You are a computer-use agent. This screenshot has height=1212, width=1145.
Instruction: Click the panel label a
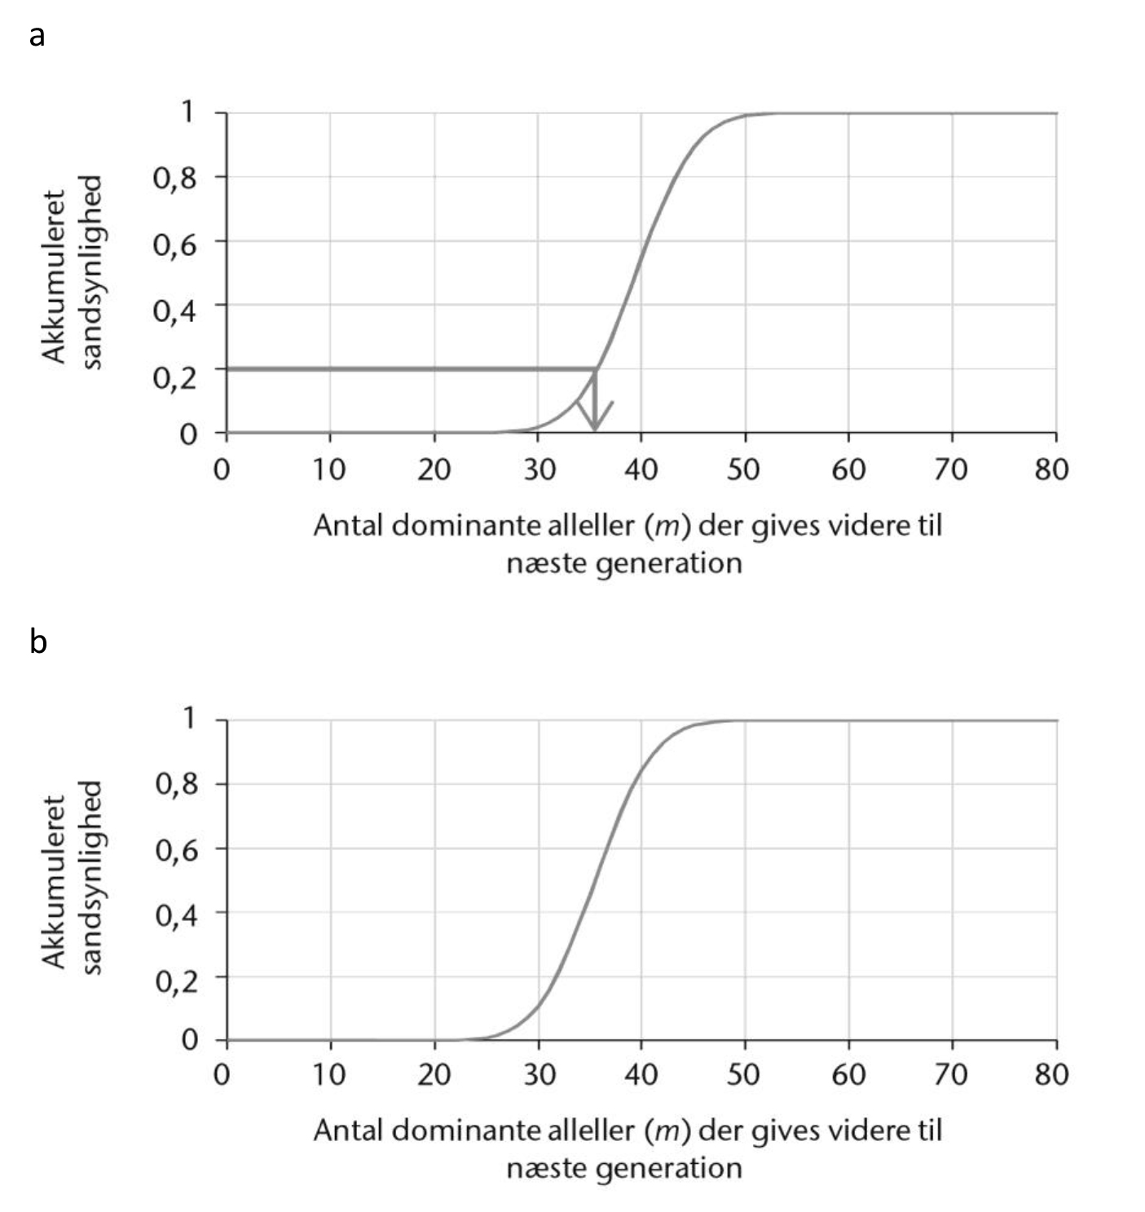point(37,36)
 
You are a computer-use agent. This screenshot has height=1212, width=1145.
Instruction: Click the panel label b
point(37,641)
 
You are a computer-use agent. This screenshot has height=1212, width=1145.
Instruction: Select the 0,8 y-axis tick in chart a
point(175,177)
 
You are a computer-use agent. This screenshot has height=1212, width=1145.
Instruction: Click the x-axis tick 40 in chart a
point(641,469)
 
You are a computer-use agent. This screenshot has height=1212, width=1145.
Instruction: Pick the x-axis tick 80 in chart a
point(1051,469)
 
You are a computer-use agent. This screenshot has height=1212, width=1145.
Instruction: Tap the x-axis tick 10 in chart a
point(329,469)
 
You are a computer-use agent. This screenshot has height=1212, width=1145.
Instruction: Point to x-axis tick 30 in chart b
point(538,1075)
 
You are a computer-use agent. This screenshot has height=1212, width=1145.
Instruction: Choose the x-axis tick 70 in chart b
point(950,1075)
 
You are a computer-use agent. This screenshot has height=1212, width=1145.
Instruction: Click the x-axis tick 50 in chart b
point(743,1075)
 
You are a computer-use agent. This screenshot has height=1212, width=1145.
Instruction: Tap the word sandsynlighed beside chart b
point(91,877)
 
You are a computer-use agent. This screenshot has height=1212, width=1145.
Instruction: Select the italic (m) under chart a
point(667,526)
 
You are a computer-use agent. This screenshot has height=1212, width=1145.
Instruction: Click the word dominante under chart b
point(461,1130)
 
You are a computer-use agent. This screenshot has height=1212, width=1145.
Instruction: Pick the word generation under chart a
point(669,563)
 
